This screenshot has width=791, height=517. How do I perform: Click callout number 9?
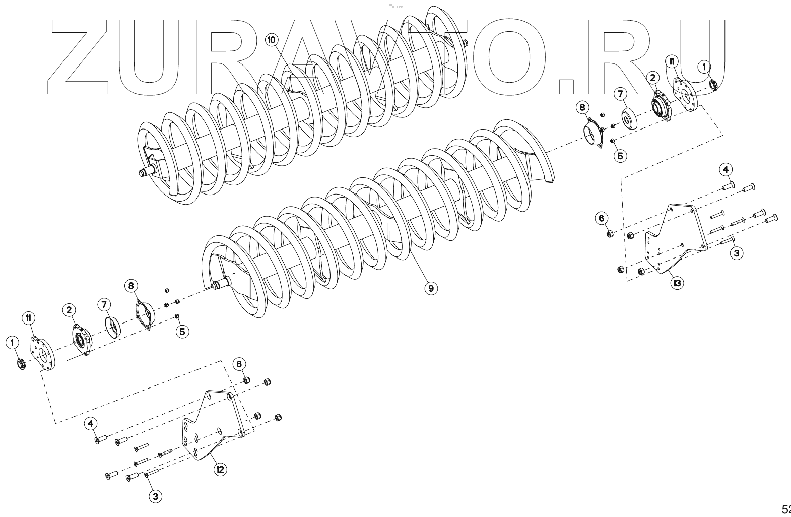[430, 288]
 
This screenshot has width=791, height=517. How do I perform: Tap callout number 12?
[220, 470]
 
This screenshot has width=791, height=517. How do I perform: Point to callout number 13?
[677, 283]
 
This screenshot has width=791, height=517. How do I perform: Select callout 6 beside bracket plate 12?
[239, 364]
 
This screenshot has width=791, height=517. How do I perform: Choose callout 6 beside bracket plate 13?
[601, 218]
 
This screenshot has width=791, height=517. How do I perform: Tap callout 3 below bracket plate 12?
[155, 496]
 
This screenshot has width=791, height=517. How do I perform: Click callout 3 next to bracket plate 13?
[736, 253]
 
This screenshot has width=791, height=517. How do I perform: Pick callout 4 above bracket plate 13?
[726, 169]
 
